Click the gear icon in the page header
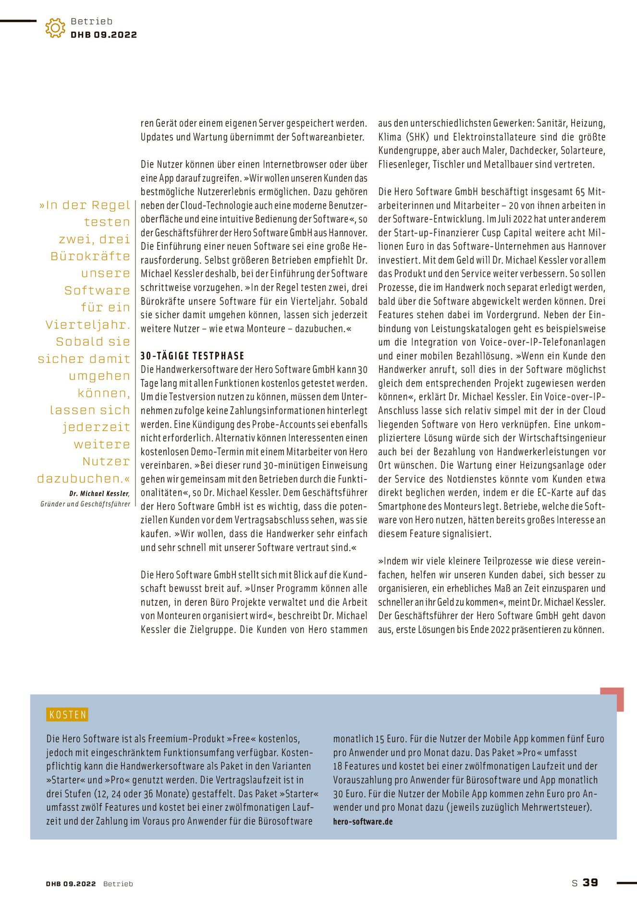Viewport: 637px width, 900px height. (x=55, y=28)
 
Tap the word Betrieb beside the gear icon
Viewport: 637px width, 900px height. (x=91, y=21)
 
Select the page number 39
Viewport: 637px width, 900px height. (x=590, y=882)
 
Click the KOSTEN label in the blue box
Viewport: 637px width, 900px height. (x=68, y=715)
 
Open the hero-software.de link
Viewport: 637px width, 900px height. (x=363, y=821)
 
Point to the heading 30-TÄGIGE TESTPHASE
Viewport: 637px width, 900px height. (x=192, y=356)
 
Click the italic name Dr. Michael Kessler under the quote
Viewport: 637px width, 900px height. (x=99, y=493)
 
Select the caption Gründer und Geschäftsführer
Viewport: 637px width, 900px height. (x=86, y=504)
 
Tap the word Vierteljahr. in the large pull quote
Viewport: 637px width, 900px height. (x=88, y=324)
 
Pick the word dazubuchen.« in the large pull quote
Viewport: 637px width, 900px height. (x=84, y=478)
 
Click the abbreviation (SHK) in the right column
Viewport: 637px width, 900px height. (x=417, y=137)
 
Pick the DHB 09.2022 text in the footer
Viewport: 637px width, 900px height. (x=71, y=884)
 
